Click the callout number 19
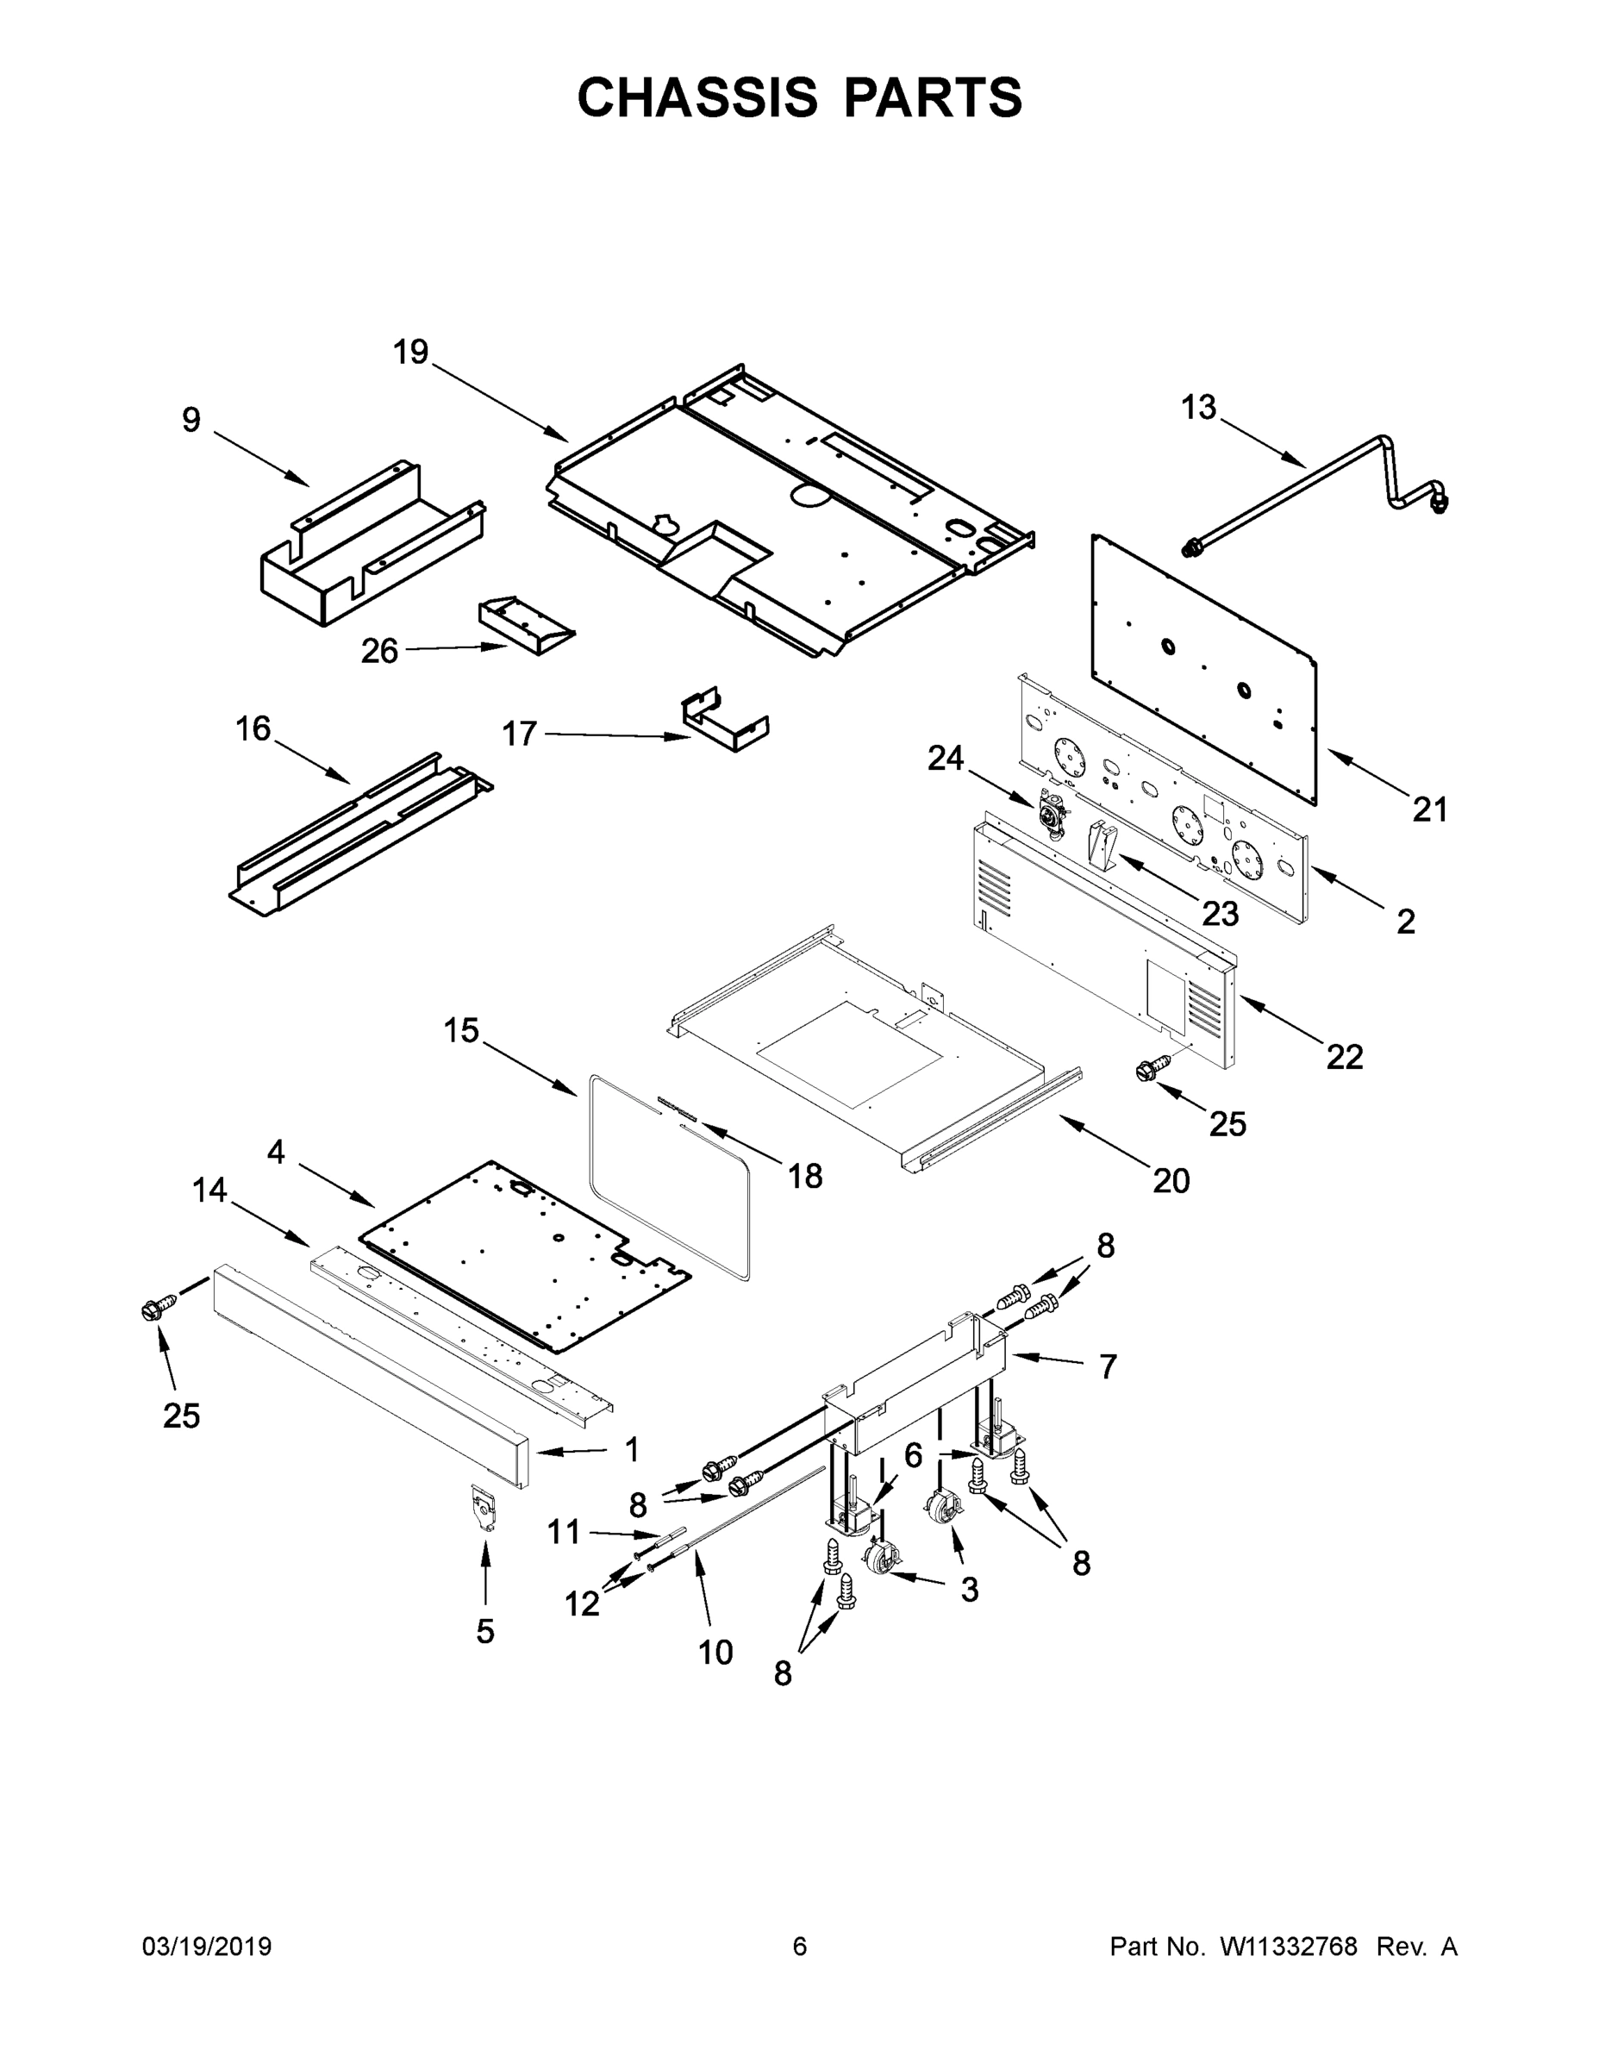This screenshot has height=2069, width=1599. (x=411, y=353)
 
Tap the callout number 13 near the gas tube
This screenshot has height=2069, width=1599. (x=1197, y=408)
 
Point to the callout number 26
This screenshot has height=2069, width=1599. (x=379, y=651)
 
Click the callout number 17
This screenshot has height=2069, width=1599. (x=519, y=734)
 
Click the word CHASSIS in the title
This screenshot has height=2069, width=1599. (x=697, y=97)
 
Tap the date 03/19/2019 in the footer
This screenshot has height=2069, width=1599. (x=207, y=1946)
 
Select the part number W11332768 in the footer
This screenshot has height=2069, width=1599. (x=1289, y=1946)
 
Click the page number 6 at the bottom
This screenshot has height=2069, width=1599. (x=800, y=1946)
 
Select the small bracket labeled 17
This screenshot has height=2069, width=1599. (x=725, y=722)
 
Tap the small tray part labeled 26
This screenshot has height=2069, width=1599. (x=526, y=626)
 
